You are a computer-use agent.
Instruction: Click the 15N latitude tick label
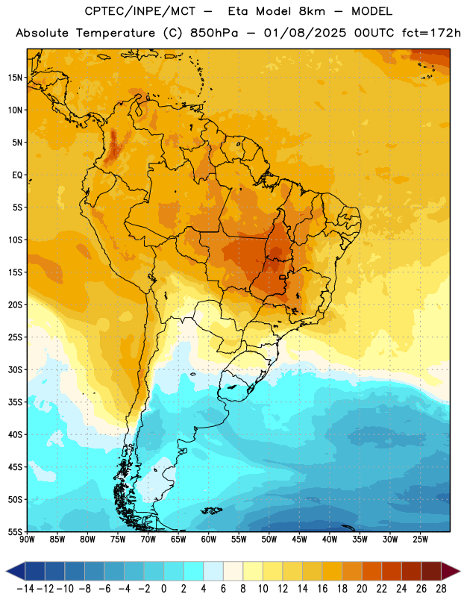point(15,78)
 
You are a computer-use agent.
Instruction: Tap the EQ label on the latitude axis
point(17,175)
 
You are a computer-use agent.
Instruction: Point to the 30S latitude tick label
point(15,369)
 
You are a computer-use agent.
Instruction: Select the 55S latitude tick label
point(15,532)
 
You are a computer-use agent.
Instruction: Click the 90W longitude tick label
point(27,540)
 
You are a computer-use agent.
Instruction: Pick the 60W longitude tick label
point(209,540)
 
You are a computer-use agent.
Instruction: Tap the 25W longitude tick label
point(420,540)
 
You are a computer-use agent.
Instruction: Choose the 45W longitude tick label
point(299,540)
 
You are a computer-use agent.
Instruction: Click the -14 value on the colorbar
point(25,589)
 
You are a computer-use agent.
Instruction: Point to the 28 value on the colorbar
point(441,589)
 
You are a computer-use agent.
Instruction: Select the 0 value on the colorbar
point(164,589)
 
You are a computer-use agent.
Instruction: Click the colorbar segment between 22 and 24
point(392,571)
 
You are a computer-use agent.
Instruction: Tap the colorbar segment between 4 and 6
point(213,571)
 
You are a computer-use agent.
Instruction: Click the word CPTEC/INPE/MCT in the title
point(140,11)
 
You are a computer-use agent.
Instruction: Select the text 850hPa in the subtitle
point(214,33)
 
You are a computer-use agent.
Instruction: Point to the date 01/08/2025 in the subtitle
point(305,33)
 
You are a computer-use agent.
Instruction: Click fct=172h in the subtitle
point(431,33)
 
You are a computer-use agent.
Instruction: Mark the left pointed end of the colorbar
point(6,571)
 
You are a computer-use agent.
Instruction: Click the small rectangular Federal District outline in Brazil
point(283,277)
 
